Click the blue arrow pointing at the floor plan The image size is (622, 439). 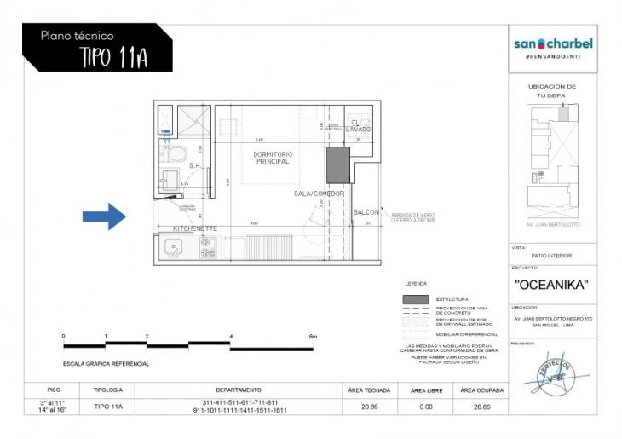(104, 217)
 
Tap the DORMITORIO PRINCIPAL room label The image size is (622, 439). (273, 159)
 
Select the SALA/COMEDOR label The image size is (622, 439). (314, 194)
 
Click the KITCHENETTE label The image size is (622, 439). (196, 229)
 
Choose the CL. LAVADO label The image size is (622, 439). (358, 125)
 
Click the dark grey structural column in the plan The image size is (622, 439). (337, 165)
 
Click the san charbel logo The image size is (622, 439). (553, 43)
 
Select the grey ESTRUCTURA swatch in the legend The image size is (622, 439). (415, 300)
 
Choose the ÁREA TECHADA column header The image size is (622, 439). (369, 390)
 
